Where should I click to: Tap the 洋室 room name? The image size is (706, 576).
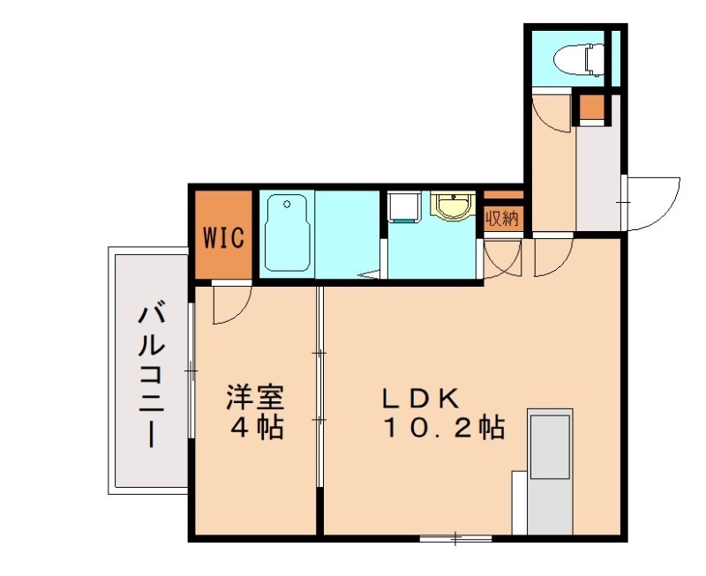coord(254,394)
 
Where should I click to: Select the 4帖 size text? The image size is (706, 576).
coord(256,429)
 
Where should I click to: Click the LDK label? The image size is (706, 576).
coord(420,398)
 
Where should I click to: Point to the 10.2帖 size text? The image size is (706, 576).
coord(443,429)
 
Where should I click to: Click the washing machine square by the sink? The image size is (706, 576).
coord(405,208)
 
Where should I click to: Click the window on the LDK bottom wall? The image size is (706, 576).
coord(455,536)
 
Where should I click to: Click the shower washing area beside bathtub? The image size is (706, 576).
coord(347,234)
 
